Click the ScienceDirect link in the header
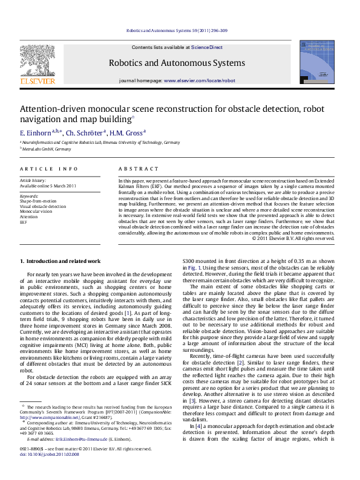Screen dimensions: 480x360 pos(207,47)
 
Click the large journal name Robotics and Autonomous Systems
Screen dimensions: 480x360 pos(177,63)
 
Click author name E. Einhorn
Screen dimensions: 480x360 pos(37,132)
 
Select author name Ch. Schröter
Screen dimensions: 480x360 pos(84,132)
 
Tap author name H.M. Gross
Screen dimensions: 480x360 pos(127,132)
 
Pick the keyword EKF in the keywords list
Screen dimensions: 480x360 pos(24,222)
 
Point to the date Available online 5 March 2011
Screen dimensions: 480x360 pos(48,186)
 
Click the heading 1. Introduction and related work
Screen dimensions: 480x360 pos(61,261)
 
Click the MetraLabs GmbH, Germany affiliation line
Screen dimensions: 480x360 pos(47,149)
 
